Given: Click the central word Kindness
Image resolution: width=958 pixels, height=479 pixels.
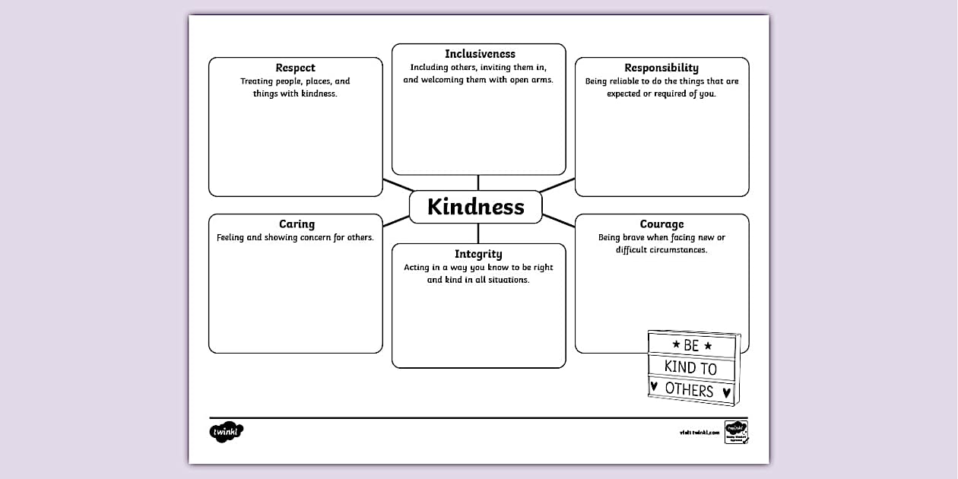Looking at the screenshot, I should coord(476,207).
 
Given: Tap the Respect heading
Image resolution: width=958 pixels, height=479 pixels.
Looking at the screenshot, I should coord(295,68).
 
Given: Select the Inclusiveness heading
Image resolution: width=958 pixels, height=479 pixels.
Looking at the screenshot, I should coord(480,54).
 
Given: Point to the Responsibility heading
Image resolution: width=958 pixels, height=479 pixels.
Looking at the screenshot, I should coord(661,68).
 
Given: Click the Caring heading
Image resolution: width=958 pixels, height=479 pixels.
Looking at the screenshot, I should coord(297,224).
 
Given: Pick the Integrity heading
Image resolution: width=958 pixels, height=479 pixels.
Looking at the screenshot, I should coord(478,254).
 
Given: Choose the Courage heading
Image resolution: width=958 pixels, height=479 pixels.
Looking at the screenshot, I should coord(661,224).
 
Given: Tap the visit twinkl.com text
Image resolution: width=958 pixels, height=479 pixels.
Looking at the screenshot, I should coord(699,433).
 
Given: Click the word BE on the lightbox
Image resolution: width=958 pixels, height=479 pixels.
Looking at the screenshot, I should coord(691,346).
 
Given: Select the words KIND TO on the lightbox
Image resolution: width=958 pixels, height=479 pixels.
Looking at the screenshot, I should coord(690,368).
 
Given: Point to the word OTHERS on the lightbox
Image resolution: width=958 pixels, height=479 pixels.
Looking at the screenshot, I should coord(689,390).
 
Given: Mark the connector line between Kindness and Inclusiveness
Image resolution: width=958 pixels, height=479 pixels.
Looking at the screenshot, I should coord(478,182).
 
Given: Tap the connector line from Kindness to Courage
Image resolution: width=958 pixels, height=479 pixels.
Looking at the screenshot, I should coord(559,220).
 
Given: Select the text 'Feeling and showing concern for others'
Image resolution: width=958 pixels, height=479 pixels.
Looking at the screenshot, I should coord(295,237).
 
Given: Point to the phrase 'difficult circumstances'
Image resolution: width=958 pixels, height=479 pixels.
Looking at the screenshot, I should coord(661,249).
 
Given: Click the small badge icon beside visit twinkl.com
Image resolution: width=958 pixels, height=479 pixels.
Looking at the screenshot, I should coord(735,431).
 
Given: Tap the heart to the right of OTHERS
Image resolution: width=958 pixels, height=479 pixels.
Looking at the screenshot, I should coord(726,392).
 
